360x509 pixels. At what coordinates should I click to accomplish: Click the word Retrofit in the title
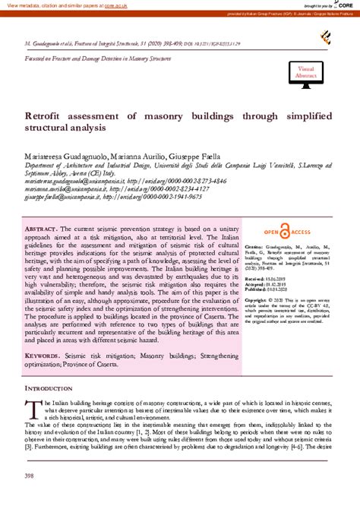coord(49,116)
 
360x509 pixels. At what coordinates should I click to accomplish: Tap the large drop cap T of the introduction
coord(33,407)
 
